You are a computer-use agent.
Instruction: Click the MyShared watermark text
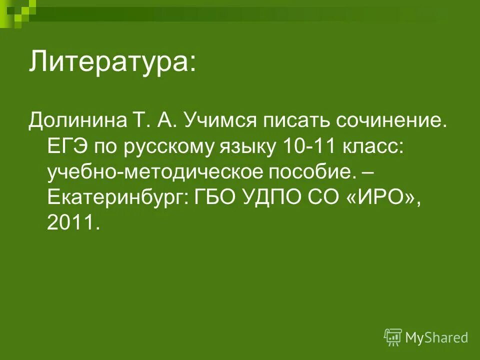point(436,338)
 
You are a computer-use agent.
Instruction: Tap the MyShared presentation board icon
point(393,337)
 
